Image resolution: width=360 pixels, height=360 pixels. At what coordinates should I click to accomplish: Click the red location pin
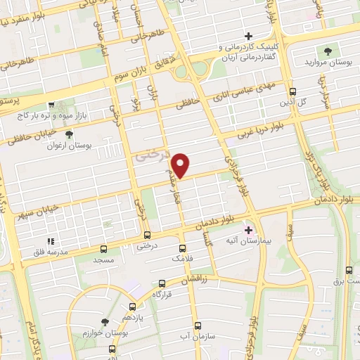tap(181, 165)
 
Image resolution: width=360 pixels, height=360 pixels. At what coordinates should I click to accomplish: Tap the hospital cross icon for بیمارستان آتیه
tap(247, 229)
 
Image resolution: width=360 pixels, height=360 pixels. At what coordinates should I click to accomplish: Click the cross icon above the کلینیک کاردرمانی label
tap(247, 36)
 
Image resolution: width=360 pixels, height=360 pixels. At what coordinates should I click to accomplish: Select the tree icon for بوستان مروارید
tap(328, 51)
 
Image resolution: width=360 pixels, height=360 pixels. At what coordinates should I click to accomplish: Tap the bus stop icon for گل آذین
tap(293, 91)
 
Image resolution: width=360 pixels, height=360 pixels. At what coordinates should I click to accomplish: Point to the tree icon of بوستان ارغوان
tap(68, 134)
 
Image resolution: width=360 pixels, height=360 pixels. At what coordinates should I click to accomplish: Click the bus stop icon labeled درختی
tap(147, 236)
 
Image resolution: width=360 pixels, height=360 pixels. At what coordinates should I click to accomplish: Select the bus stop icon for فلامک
tap(183, 248)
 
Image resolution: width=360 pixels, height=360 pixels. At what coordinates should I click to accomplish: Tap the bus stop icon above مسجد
tap(104, 249)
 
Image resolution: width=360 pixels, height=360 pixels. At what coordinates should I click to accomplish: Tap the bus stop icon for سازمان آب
tap(198, 326)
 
